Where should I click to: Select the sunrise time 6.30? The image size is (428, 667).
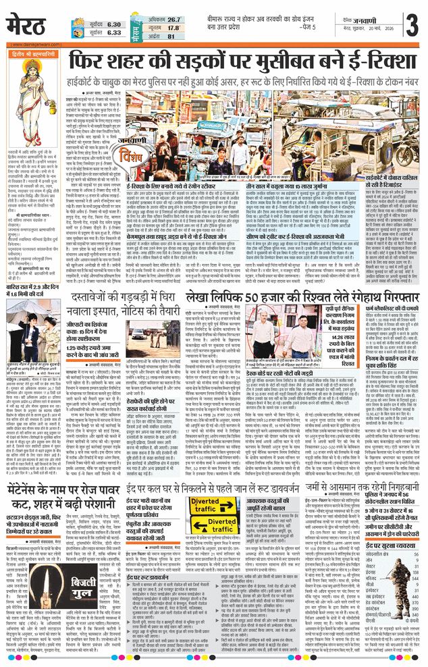pyautogui.click(x=114, y=21)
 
